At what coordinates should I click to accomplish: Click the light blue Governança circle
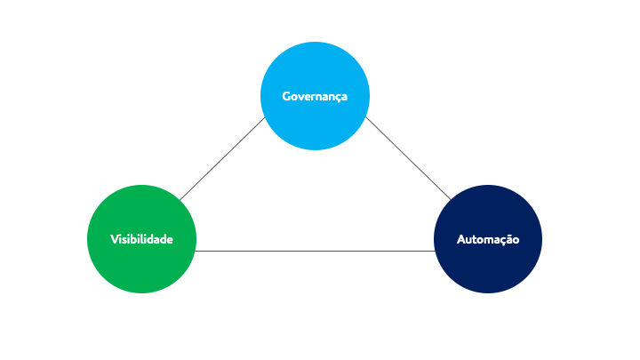pyautogui.click(x=315, y=96)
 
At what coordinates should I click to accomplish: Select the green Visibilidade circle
pyautogui.click(x=141, y=239)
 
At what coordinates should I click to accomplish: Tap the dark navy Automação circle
pyautogui.click(x=488, y=239)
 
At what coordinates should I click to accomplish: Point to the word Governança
pyautogui.click(x=315, y=97)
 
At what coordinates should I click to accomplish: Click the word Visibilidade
pyautogui.click(x=141, y=239)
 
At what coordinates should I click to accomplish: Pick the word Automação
pyautogui.click(x=488, y=240)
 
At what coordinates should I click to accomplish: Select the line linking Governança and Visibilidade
pyautogui.click(x=222, y=159)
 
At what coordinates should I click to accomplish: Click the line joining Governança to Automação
pyautogui.click(x=408, y=158)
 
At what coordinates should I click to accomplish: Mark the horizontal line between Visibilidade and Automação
pyautogui.click(x=315, y=251)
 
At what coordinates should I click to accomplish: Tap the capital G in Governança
pyautogui.click(x=286, y=96)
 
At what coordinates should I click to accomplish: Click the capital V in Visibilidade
pyautogui.click(x=115, y=239)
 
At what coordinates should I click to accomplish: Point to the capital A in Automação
pyautogui.click(x=461, y=240)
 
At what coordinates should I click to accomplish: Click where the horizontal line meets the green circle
pyautogui.click(x=195, y=251)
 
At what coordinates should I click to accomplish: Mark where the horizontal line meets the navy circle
pyautogui.click(x=435, y=251)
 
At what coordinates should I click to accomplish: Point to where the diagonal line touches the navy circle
pyautogui.click(x=451, y=200)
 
